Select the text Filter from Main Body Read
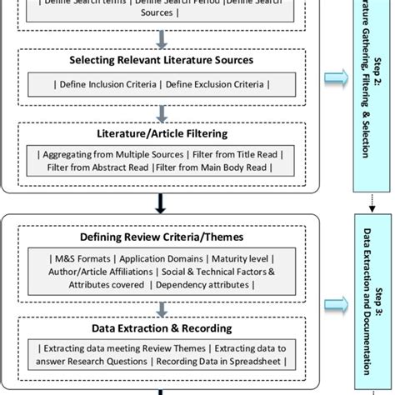[x=218, y=167]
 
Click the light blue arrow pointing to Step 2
[x=335, y=77]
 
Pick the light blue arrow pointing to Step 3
[x=335, y=306]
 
